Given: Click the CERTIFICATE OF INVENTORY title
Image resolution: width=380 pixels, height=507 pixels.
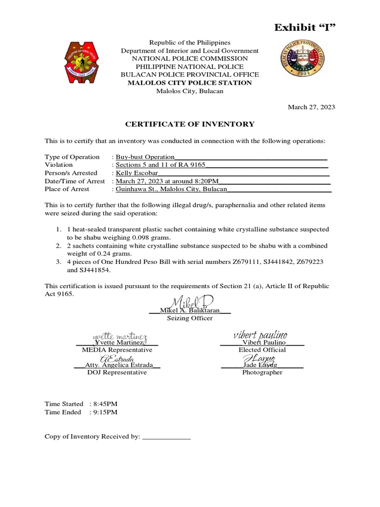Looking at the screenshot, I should coord(190,124).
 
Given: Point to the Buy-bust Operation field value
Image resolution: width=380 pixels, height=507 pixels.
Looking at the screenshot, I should coord(145,157).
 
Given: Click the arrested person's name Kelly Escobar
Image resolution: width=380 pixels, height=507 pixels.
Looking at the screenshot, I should coord(137,173).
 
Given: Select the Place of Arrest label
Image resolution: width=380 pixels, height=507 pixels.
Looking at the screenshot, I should coord(67,189).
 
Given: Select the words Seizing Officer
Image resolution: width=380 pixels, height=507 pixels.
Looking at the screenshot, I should coord(190,318).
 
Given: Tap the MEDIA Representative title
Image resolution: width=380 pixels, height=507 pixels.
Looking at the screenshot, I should coord(117,350).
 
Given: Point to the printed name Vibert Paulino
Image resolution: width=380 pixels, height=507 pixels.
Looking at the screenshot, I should coord(262,343).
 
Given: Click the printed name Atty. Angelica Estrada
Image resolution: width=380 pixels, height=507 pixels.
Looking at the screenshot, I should coord(117,365).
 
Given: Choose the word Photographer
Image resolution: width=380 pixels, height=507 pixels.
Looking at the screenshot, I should coord(262,372).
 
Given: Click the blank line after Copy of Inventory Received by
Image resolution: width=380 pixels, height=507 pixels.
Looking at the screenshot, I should coord(166,437).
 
